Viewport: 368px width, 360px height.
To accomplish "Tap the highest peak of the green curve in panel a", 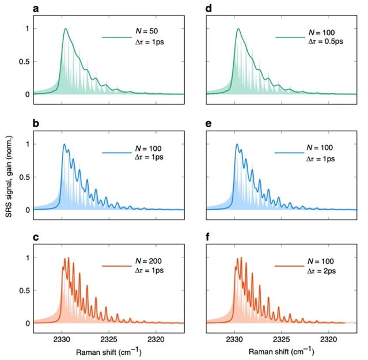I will tap(66, 29).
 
